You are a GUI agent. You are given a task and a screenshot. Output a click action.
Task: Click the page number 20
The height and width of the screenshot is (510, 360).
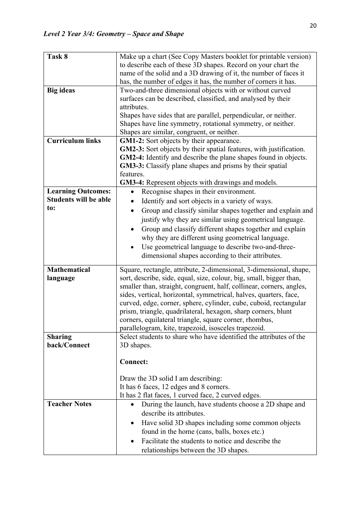coord(313,26)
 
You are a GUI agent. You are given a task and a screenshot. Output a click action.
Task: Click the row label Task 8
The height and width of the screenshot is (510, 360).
coord(57,56)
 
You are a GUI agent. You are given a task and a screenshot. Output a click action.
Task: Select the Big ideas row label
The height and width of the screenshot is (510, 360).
coord(61,90)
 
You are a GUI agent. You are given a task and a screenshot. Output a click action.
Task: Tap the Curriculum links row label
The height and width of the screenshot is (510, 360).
coord(74,141)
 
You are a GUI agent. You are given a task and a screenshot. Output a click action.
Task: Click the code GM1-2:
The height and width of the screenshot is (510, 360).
coord(132,141)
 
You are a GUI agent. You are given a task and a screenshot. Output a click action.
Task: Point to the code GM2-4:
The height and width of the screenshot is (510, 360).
coord(132,157)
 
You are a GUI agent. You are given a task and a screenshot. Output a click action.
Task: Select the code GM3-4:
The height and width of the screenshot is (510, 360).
coord(132,182)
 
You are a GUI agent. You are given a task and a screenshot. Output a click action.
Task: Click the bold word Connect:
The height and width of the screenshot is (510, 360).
coord(134,362)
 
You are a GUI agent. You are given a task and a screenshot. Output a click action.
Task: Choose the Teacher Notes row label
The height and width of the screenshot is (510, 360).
coord(69,404)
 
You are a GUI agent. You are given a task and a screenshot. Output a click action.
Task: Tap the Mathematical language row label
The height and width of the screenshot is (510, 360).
coord(68,274)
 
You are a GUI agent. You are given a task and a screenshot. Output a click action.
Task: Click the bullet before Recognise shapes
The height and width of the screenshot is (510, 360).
coord(132,192)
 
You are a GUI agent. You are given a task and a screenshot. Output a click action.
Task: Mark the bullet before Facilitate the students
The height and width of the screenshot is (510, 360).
coord(132,442)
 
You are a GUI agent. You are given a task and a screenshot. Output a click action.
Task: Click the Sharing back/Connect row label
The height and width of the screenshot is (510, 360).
coord(68,341)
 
